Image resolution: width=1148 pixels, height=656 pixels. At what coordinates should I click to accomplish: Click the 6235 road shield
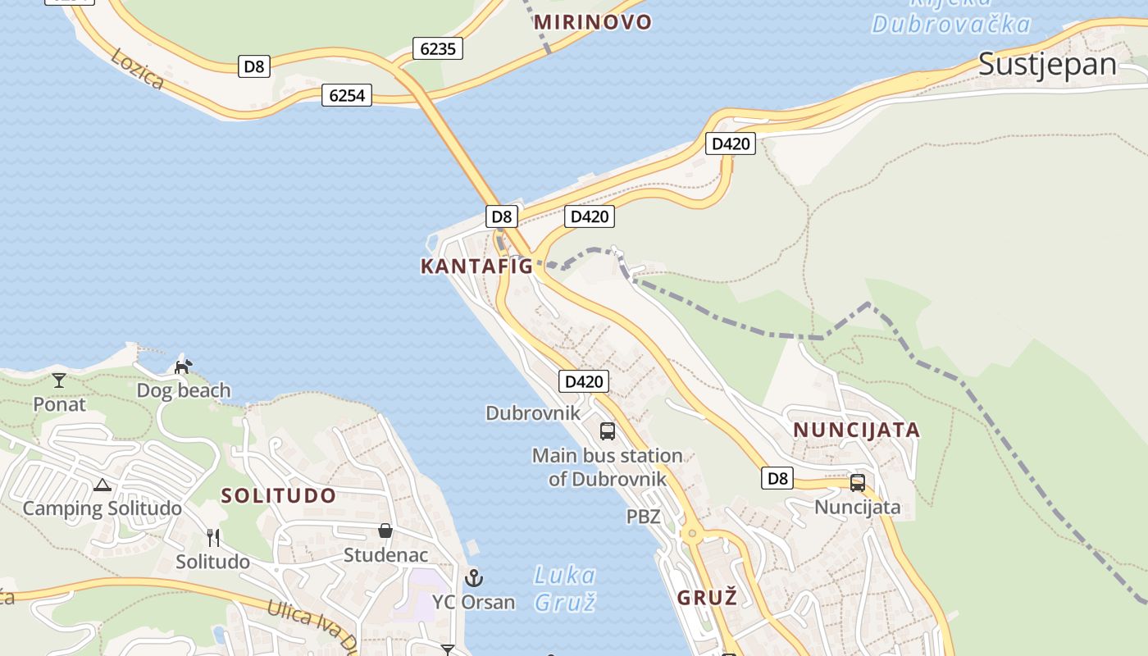[x=437, y=48]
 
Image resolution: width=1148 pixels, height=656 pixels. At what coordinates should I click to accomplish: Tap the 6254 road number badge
[x=346, y=95]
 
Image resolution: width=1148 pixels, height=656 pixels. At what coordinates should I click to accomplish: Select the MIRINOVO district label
[x=592, y=22]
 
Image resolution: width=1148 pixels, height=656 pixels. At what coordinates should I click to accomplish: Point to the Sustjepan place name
[x=1047, y=64]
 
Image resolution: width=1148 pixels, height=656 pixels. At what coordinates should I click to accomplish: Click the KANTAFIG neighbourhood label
[x=476, y=266]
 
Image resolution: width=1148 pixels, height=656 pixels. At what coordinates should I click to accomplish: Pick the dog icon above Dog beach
[x=183, y=366]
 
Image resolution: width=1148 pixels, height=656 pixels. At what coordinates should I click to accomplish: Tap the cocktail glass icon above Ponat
[x=59, y=380]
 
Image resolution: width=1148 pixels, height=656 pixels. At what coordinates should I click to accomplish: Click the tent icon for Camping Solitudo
[x=102, y=485]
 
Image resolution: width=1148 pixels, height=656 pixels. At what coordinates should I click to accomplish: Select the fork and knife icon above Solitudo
[x=213, y=537]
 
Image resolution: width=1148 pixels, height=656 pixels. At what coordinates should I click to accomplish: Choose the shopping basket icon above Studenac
[x=385, y=531]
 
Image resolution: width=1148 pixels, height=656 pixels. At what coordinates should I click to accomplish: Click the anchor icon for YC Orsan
[x=473, y=578]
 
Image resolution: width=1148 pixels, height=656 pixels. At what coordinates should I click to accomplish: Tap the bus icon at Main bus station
[x=607, y=430]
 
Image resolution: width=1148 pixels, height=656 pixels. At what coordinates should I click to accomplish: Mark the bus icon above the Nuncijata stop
[x=857, y=482]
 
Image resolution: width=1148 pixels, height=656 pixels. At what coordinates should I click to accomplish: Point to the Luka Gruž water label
[x=564, y=588]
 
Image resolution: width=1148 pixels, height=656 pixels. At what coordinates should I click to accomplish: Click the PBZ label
[x=643, y=517]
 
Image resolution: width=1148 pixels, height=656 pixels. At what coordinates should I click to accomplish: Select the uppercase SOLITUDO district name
[x=278, y=495]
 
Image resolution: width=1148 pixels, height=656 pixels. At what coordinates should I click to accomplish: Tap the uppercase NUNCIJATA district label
[x=856, y=430]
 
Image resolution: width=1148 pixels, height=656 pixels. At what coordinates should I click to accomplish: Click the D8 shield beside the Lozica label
[x=254, y=66]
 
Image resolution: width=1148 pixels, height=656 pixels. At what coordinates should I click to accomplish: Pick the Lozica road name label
[x=137, y=69]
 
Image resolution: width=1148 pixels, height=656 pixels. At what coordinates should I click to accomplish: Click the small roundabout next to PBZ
[x=692, y=534]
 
